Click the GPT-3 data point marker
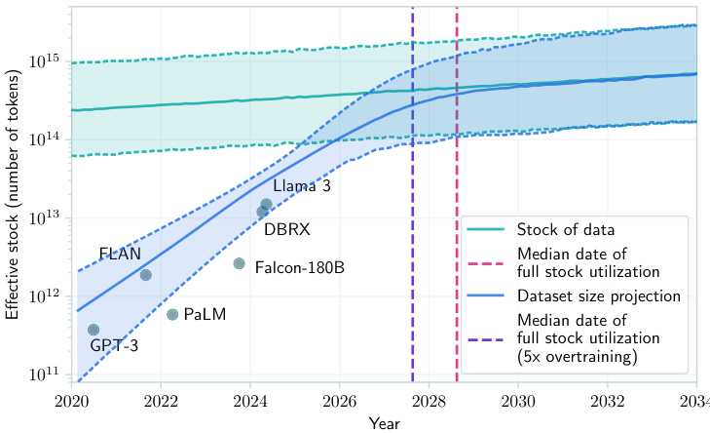click(x=93, y=330)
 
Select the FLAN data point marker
click(x=146, y=275)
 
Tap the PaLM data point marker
click(x=172, y=314)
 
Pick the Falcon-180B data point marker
click(x=240, y=263)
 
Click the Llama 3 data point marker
click(x=266, y=204)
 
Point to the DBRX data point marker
click(x=262, y=212)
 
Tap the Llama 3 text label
click(x=301, y=186)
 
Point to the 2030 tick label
click(x=518, y=400)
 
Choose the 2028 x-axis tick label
click(x=430, y=400)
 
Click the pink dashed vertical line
click(x=457, y=195)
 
